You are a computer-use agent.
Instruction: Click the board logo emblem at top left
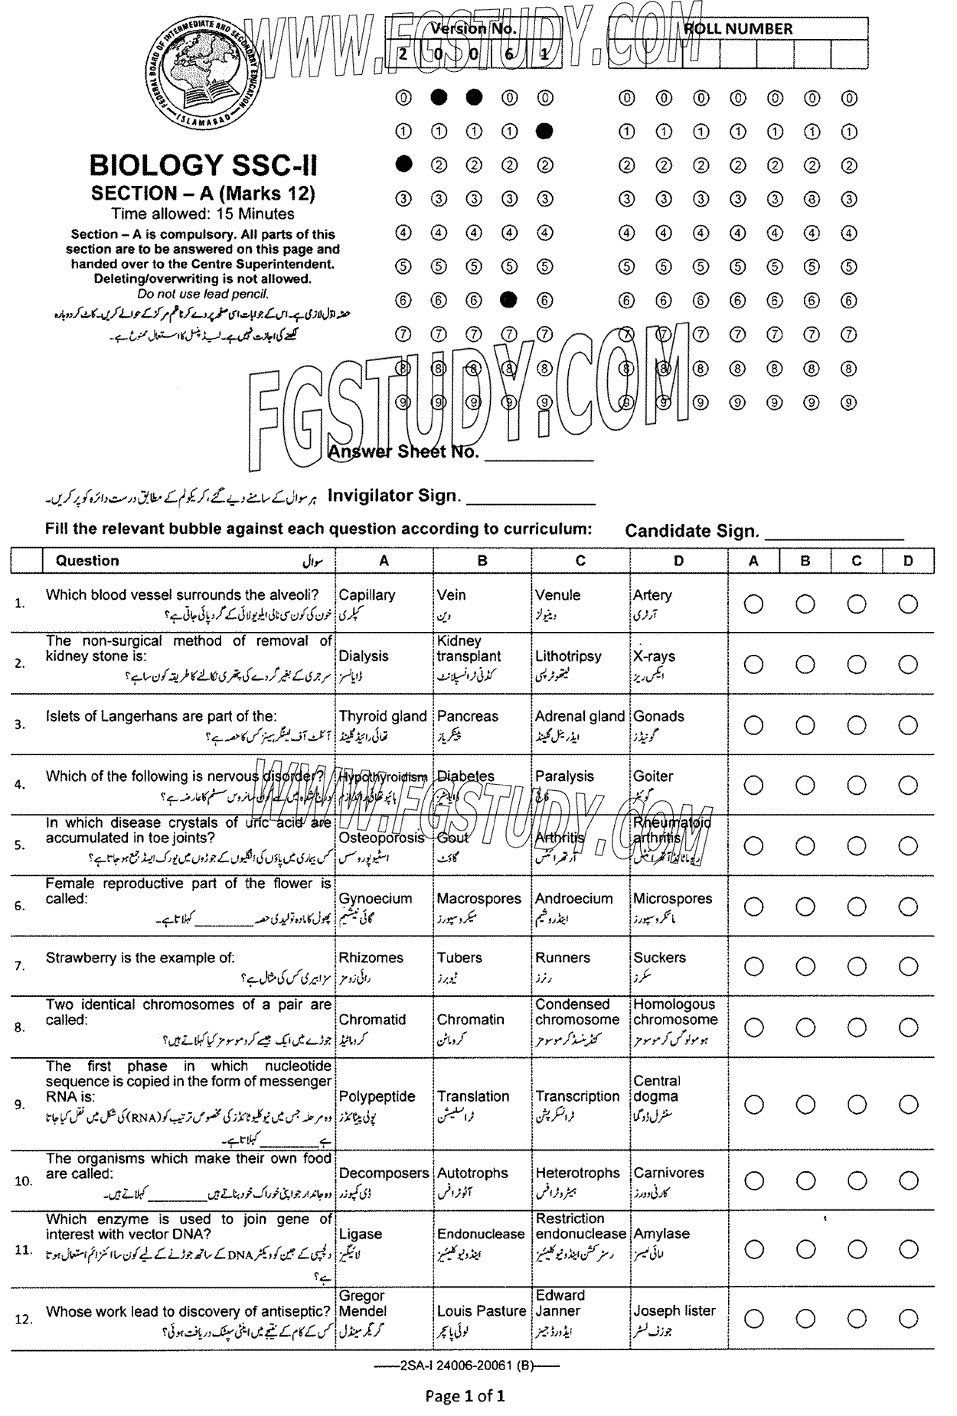click(x=202, y=73)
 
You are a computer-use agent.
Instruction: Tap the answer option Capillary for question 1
click(x=367, y=595)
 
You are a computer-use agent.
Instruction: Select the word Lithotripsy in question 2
click(x=568, y=656)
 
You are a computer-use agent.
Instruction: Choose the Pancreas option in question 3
click(x=467, y=717)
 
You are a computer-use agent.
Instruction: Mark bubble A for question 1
click(x=753, y=604)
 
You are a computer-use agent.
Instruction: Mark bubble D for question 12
click(x=908, y=1318)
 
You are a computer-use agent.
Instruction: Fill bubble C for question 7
click(x=857, y=966)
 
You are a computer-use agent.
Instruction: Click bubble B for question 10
click(x=805, y=1180)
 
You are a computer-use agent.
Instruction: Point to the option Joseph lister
click(x=674, y=1310)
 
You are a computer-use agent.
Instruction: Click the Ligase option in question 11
click(x=361, y=1234)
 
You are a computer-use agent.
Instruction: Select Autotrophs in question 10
click(x=472, y=1173)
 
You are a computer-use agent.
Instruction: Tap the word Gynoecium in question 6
click(x=375, y=899)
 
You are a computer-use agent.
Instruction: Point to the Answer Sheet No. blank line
click(x=540, y=460)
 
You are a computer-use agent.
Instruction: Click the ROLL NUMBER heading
click(x=738, y=29)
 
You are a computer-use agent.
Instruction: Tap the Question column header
click(x=87, y=561)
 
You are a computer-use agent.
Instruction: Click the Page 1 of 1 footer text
click(x=465, y=1396)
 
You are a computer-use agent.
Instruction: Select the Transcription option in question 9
click(x=577, y=1096)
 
